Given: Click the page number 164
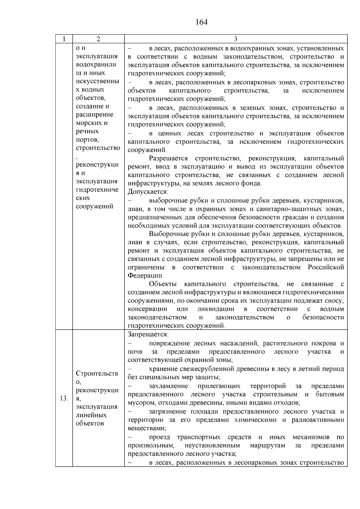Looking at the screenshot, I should click(x=201, y=22).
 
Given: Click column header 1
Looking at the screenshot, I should click(x=64, y=39).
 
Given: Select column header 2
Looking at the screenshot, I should click(x=98, y=39).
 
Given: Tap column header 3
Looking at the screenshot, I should click(x=235, y=39).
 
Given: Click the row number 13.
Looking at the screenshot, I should click(x=64, y=399).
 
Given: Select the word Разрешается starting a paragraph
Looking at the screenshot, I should click(x=168, y=158).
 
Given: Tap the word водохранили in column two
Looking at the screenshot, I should click(x=96, y=64).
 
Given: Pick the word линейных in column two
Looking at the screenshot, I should click(x=91, y=415).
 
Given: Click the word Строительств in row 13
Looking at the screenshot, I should click(x=97, y=373).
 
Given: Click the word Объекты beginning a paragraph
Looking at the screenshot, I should click(x=163, y=284).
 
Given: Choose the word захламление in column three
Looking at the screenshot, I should click(x=169, y=386).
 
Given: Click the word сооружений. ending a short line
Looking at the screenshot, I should click(x=147, y=150).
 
